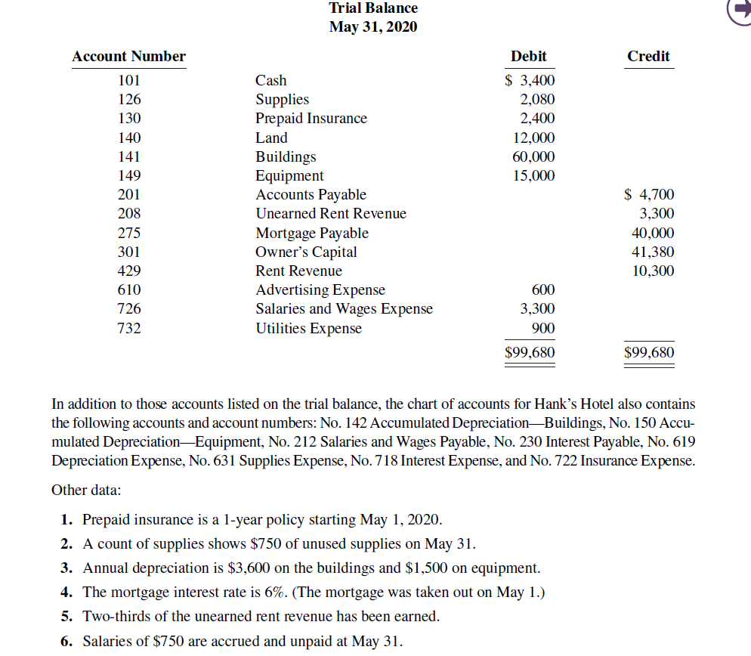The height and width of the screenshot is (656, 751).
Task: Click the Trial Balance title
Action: [x=373, y=8]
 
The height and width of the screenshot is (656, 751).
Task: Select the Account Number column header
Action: [x=128, y=57]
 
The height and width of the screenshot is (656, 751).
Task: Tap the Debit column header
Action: [x=528, y=57]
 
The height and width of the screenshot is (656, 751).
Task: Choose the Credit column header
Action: [x=648, y=57]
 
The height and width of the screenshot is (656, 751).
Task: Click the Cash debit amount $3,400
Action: [x=530, y=81]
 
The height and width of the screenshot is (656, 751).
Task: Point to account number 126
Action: [x=129, y=100]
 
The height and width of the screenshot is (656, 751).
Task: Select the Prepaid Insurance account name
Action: [x=311, y=119]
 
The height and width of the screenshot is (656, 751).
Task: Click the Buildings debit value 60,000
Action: [x=533, y=157]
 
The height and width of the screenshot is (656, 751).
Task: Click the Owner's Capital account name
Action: [x=306, y=252]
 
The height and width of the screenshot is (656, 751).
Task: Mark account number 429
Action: [x=129, y=271]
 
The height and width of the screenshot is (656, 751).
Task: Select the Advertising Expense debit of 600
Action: [x=542, y=290]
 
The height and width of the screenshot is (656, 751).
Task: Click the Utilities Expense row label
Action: [x=308, y=329]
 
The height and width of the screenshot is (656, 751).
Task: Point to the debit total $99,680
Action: [x=530, y=353]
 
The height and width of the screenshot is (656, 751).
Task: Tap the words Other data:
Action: [x=85, y=490]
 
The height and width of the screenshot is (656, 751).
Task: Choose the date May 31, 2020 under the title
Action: [x=373, y=27]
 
